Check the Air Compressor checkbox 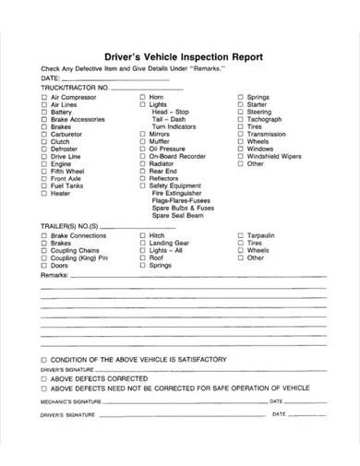(x=44, y=97)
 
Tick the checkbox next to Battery (x=44, y=113)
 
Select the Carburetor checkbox (x=44, y=137)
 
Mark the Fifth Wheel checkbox (x=44, y=170)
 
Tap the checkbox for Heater (x=44, y=194)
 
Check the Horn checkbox (x=143, y=97)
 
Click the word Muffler (x=162, y=145)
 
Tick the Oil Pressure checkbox (x=143, y=153)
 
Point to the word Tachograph (x=264, y=121)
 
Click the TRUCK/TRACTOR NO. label (x=73, y=87)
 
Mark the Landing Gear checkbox (x=143, y=244)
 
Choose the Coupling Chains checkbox (x=44, y=251)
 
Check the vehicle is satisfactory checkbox (x=44, y=358)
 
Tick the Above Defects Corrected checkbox (x=44, y=379)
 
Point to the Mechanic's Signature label (x=68, y=402)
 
